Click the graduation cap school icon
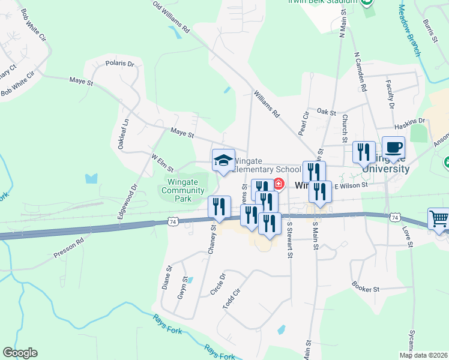tap(223, 160)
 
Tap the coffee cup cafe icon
tap(393, 148)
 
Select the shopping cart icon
tap(439, 220)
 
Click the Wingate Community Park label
tap(184, 190)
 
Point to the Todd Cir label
tap(231, 298)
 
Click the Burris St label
tap(428, 31)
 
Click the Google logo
tap(20, 353)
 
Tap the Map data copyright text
tap(424, 355)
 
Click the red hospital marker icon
tap(279, 183)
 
